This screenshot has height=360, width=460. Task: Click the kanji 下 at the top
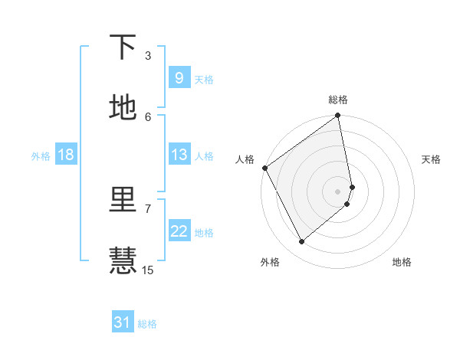tap(123, 47)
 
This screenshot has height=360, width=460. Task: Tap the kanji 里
tap(123, 201)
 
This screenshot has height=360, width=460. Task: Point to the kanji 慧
tap(123, 260)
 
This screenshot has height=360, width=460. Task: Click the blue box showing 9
tap(179, 77)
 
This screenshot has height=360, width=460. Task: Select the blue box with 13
tap(179, 155)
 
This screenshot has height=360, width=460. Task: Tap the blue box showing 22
tap(179, 231)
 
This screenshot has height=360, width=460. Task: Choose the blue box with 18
tap(66, 155)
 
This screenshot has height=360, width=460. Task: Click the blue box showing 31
tap(123, 322)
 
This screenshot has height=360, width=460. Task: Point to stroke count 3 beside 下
tap(148, 56)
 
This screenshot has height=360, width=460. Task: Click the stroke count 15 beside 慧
tap(148, 270)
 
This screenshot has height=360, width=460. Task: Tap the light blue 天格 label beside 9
tap(204, 79)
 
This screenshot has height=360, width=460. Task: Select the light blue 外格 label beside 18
tap(41, 155)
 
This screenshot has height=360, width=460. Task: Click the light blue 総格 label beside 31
tap(147, 324)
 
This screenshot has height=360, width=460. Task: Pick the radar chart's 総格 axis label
tap(338, 100)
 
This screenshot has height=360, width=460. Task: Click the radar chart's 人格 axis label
tap(245, 159)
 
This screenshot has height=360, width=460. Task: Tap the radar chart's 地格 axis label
tap(402, 262)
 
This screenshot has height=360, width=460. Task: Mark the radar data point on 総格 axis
tap(338, 116)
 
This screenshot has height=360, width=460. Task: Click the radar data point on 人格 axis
tap(264, 168)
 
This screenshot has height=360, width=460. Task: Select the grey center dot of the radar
tap(338, 191)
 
